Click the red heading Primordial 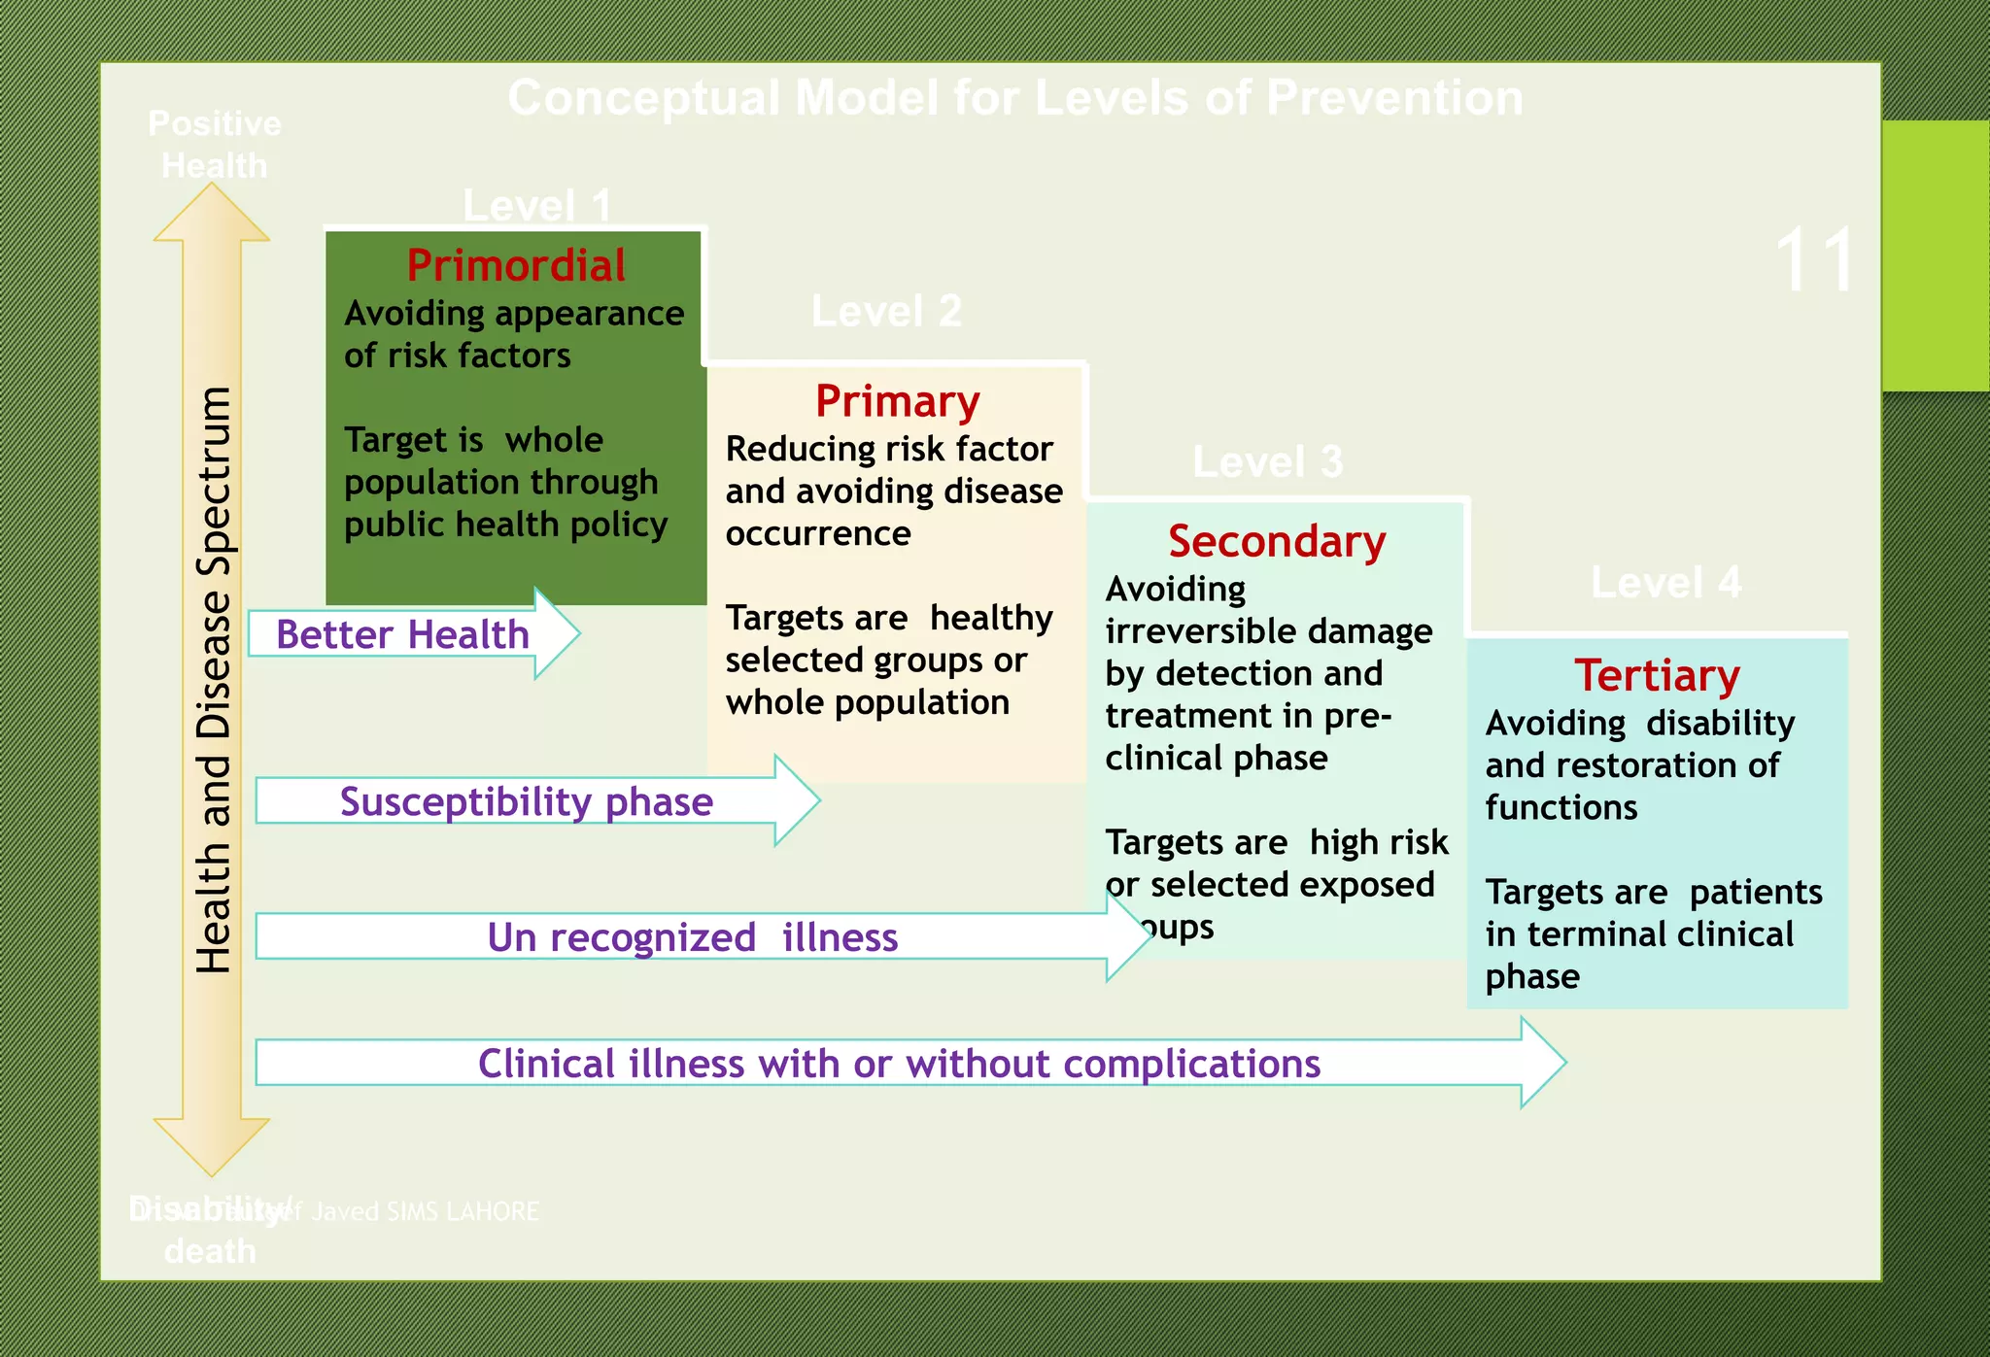click(x=516, y=265)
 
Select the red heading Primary click(x=897, y=401)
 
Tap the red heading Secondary click(x=1276, y=541)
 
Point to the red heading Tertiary click(x=1657, y=675)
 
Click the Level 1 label click(x=536, y=206)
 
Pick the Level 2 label click(x=886, y=312)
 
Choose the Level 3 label click(x=1267, y=461)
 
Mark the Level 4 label click(x=1665, y=583)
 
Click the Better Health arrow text click(x=402, y=634)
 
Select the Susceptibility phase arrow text click(x=526, y=801)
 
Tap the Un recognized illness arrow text click(x=692, y=937)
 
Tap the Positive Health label click(x=214, y=145)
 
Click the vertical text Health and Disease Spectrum click(x=214, y=680)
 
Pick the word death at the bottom click(x=210, y=1251)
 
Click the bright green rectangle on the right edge click(x=1935, y=255)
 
